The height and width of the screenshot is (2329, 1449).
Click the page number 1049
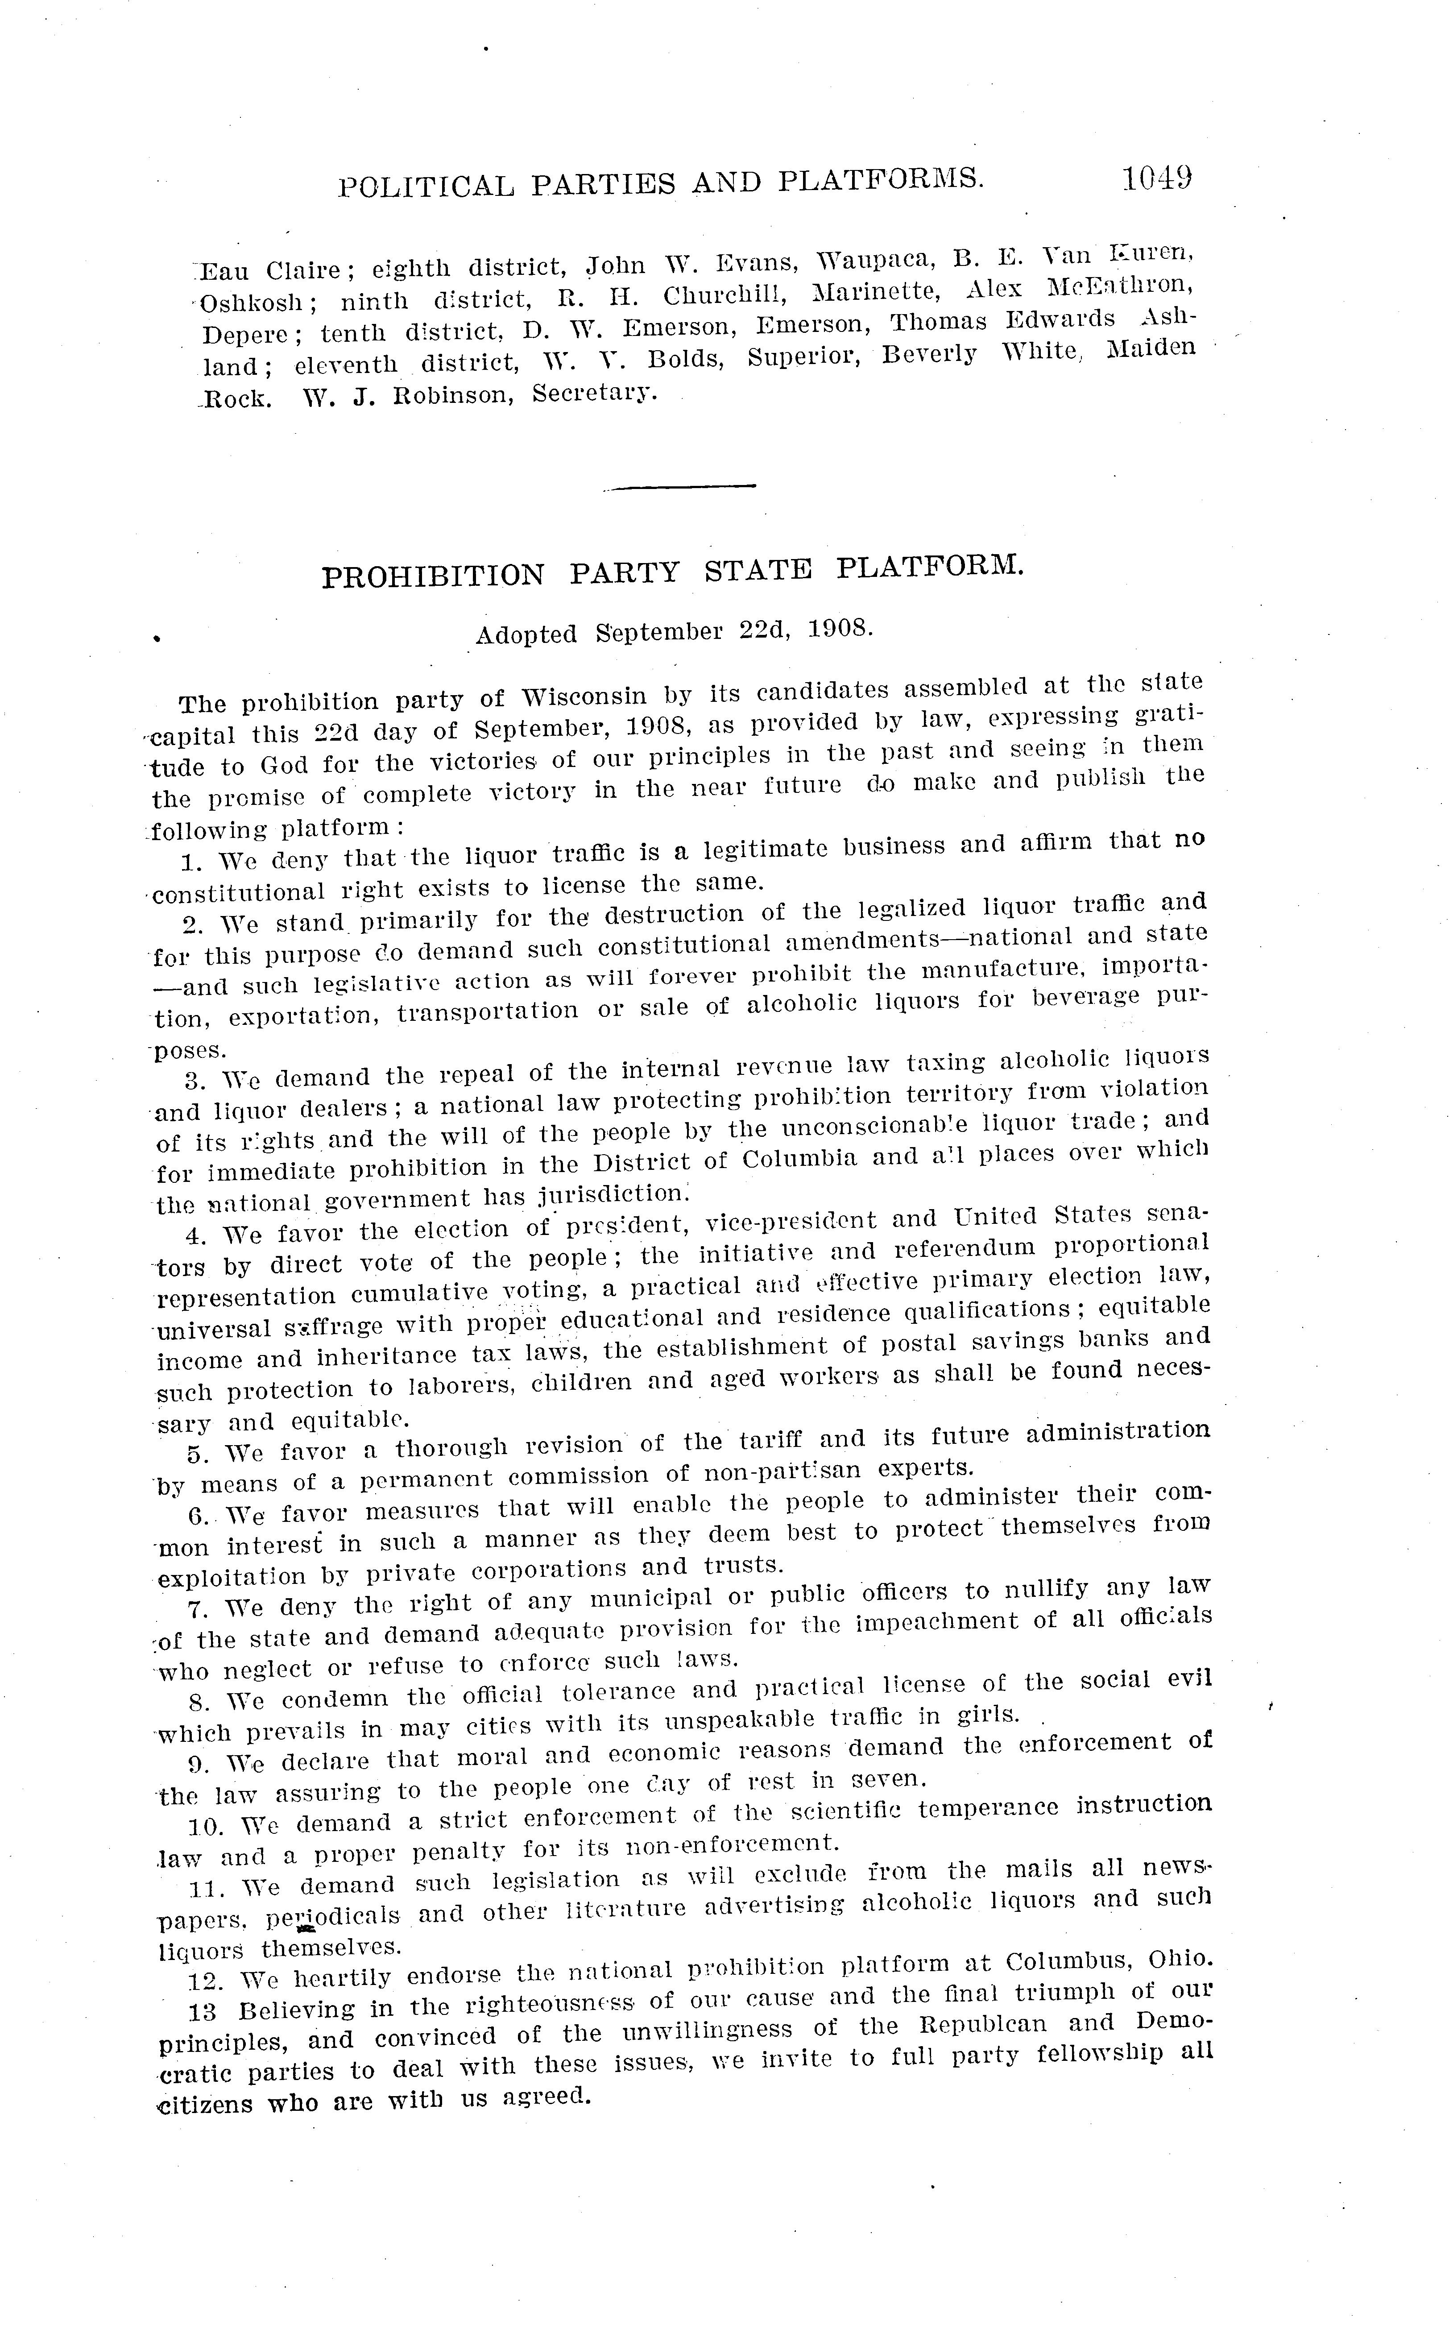(x=1157, y=178)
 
